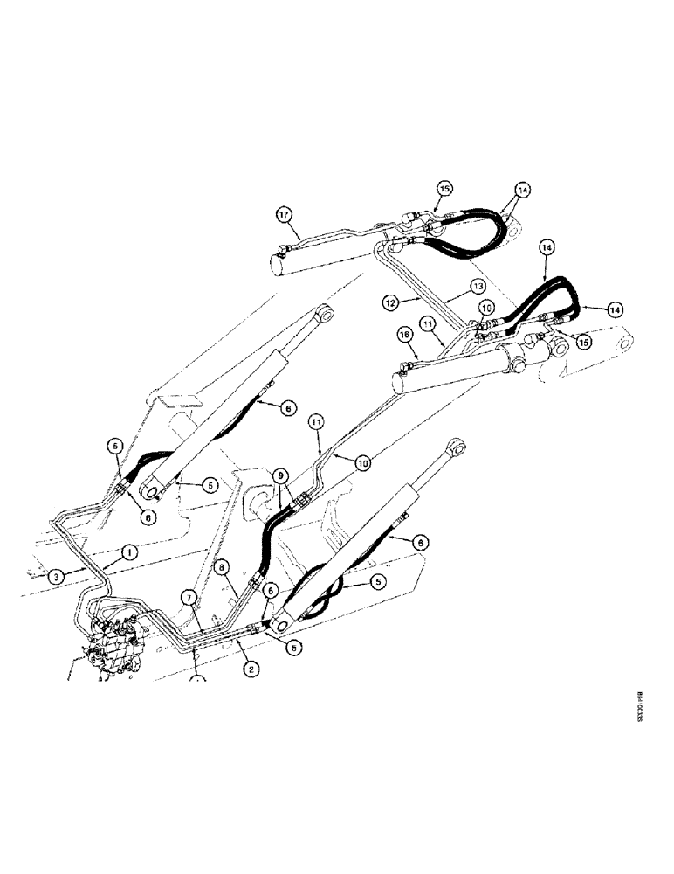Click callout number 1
127,552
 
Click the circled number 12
390,302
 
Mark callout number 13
477,286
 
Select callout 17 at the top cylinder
282,213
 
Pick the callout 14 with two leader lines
522,189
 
